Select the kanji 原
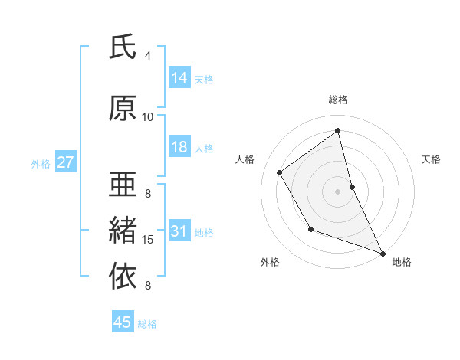(x=123, y=108)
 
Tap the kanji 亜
(x=123, y=185)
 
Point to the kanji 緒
(x=123, y=231)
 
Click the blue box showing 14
(x=179, y=78)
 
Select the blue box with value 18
(x=179, y=147)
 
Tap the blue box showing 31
(x=179, y=231)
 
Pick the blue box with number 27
(x=65, y=162)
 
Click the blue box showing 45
(x=123, y=322)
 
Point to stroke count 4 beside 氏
(x=148, y=56)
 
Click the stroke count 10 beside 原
(x=148, y=117)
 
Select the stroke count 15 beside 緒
(x=148, y=240)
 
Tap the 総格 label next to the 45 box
(x=147, y=324)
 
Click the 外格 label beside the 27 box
(x=41, y=163)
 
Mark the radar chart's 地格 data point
(x=383, y=254)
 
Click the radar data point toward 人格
(x=280, y=173)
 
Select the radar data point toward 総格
(x=338, y=131)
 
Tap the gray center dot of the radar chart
(x=338, y=191)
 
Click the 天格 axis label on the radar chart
(x=432, y=159)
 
